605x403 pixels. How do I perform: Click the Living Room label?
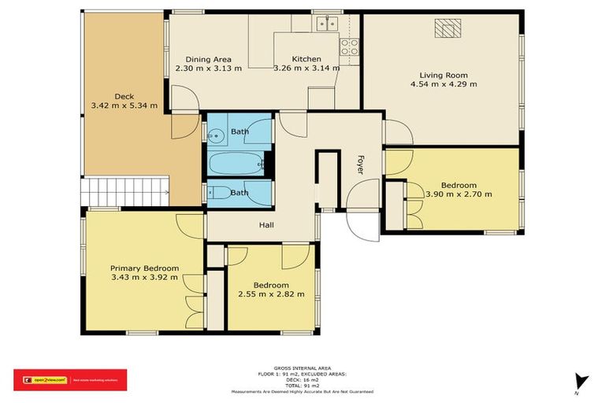click(x=440, y=74)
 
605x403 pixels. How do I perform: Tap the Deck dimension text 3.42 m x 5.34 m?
click(x=124, y=105)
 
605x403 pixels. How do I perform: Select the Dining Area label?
click(x=208, y=59)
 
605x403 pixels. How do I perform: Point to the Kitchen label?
click(x=306, y=59)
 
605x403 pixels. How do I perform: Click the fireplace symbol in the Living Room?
click(x=447, y=29)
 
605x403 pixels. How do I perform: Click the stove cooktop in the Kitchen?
click(x=348, y=46)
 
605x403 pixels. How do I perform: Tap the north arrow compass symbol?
click(x=581, y=382)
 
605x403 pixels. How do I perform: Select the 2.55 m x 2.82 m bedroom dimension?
click(x=270, y=294)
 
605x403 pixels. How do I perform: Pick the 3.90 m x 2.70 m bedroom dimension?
click(x=458, y=194)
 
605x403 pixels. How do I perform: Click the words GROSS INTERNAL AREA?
click(x=302, y=367)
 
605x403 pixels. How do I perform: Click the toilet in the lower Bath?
click(x=219, y=192)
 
